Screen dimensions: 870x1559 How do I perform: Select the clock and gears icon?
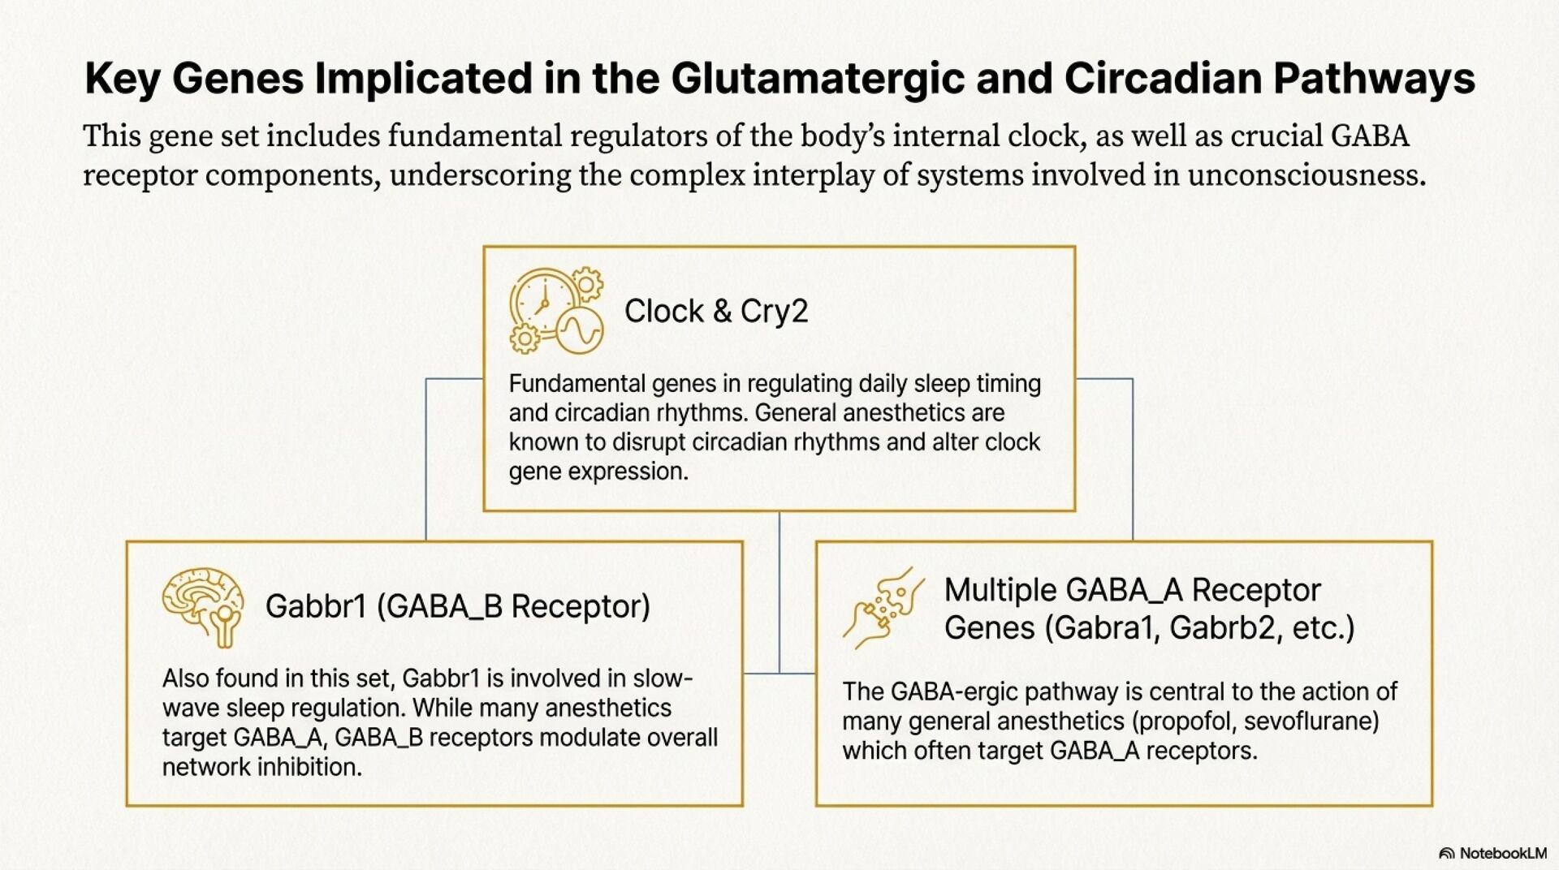pos(556,311)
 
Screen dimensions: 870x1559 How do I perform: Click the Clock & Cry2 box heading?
pos(715,312)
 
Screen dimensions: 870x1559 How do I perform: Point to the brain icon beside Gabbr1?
pos(203,606)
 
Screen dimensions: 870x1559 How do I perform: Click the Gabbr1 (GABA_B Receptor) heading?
pos(457,606)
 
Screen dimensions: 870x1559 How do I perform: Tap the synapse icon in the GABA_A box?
pos(883,607)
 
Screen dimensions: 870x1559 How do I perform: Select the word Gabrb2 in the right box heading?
pos(1224,628)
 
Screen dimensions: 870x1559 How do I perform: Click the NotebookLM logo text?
pos(1502,853)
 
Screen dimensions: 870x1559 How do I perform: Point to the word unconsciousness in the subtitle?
pos(1306,175)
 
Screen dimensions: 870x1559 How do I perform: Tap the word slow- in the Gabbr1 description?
pos(663,678)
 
